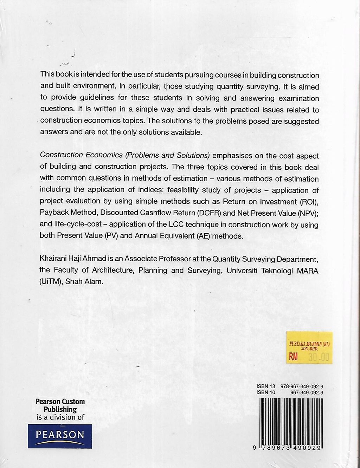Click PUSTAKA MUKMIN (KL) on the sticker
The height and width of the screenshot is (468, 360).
pos(310,344)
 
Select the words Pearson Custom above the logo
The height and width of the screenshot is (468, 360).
pos(60,401)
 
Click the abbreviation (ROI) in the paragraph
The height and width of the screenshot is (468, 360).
pos(308,202)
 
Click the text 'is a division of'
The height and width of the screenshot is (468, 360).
pos(60,417)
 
